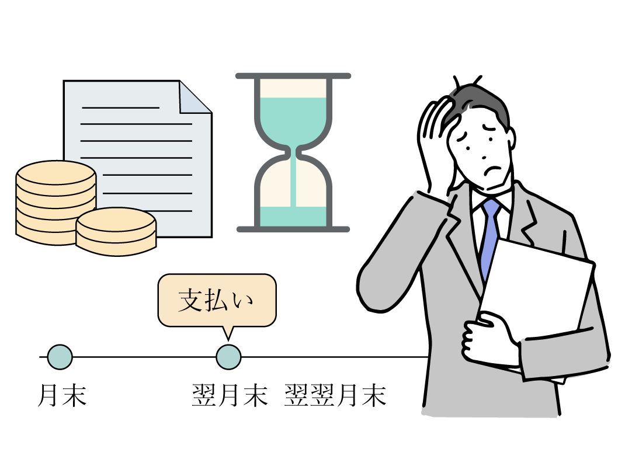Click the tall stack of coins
coord(55,199)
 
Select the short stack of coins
coord(116,232)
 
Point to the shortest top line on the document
coord(120,107)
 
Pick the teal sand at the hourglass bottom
coord(293,216)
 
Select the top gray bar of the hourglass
coord(293,76)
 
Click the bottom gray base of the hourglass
coord(293,229)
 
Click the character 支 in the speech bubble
coord(190,300)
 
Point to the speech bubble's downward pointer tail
coord(228,331)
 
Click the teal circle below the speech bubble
coord(228,357)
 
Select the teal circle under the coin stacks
coord(60,357)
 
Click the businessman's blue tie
coord(489,239)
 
